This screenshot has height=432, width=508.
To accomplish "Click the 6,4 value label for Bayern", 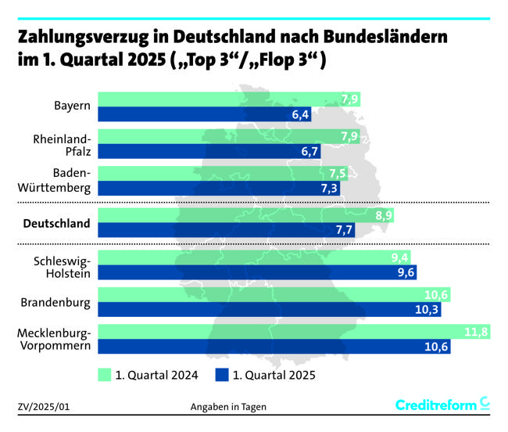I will (301, 115).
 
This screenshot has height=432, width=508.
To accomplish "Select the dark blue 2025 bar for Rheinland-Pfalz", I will (211, 151).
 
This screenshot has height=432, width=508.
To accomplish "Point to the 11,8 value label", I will (476, 332).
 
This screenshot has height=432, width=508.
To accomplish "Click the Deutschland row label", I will (57, 224).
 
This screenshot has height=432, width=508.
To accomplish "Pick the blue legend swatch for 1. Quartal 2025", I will (222, 375).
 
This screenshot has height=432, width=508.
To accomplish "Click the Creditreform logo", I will (442, 405).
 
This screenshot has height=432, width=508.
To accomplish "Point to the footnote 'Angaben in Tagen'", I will (229, 407).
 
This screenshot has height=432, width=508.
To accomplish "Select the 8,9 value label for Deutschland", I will (383, 215).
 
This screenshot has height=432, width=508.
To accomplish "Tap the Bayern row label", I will (72, 106).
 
